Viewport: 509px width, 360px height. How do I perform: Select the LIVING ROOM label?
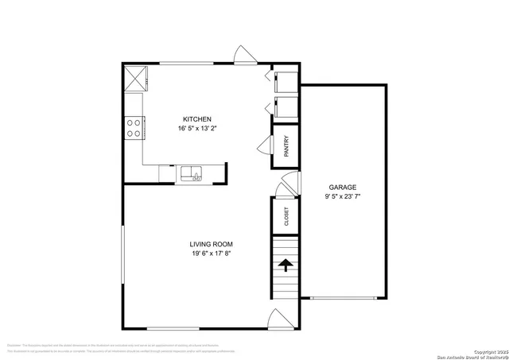[x=211, y=244]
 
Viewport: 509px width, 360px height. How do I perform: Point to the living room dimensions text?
[x=211, y=254]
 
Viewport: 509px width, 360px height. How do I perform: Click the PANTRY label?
[x=286, y=146]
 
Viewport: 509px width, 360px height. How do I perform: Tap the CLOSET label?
[x=286, y=215]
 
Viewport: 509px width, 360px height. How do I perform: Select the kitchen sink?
[x=191, y=172]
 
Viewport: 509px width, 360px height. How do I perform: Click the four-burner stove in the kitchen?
[x=134, y=127]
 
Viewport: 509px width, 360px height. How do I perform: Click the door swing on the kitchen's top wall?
[x=244, y=56]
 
